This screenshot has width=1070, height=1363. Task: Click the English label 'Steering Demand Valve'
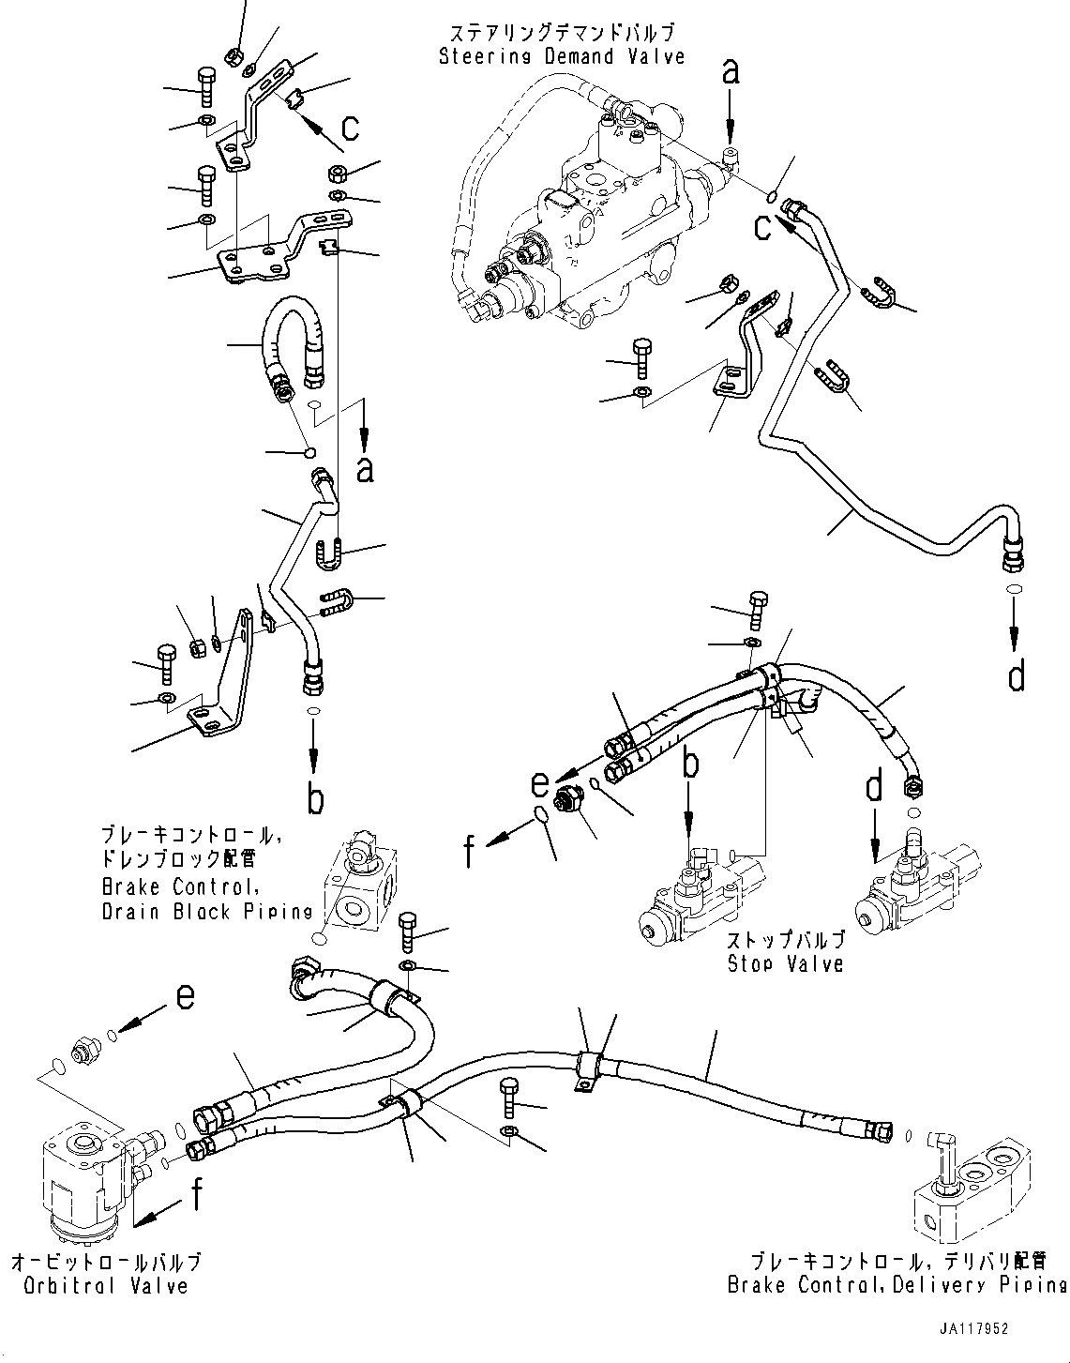[x=563, y=57]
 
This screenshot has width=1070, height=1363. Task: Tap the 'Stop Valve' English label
[x=786, y=963]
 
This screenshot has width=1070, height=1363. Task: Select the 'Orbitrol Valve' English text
[x=100, y=1286]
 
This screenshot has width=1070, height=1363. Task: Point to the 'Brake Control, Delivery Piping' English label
[x=897, y=1284]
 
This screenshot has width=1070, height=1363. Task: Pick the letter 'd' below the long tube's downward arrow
[x=1017, y=675]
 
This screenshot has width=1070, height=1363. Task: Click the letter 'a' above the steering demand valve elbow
[x=730, y=70]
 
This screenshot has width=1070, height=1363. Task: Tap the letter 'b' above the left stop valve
[x=689, y=765]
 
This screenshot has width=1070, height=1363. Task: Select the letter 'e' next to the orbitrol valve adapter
[x=186, y=997]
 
